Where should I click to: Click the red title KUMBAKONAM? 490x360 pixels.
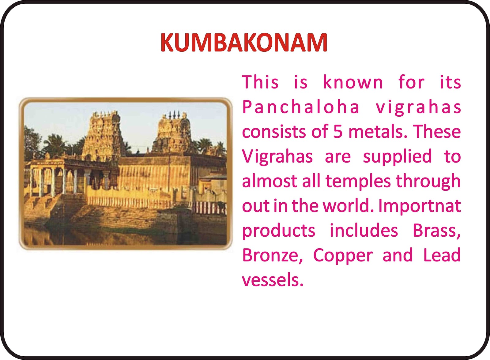click(x=244, y=43)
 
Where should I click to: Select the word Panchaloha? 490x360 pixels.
click(x=300, y=107)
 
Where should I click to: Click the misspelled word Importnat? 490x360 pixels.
click(x=420, y=206)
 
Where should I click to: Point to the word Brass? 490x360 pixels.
click(x=437, y=231)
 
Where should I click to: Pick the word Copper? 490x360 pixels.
click(x=343, y=256)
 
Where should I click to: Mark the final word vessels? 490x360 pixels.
click(x=273, y=280)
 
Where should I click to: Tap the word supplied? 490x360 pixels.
click(x=397, y=157)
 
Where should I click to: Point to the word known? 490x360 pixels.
click(x=352, y=82)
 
